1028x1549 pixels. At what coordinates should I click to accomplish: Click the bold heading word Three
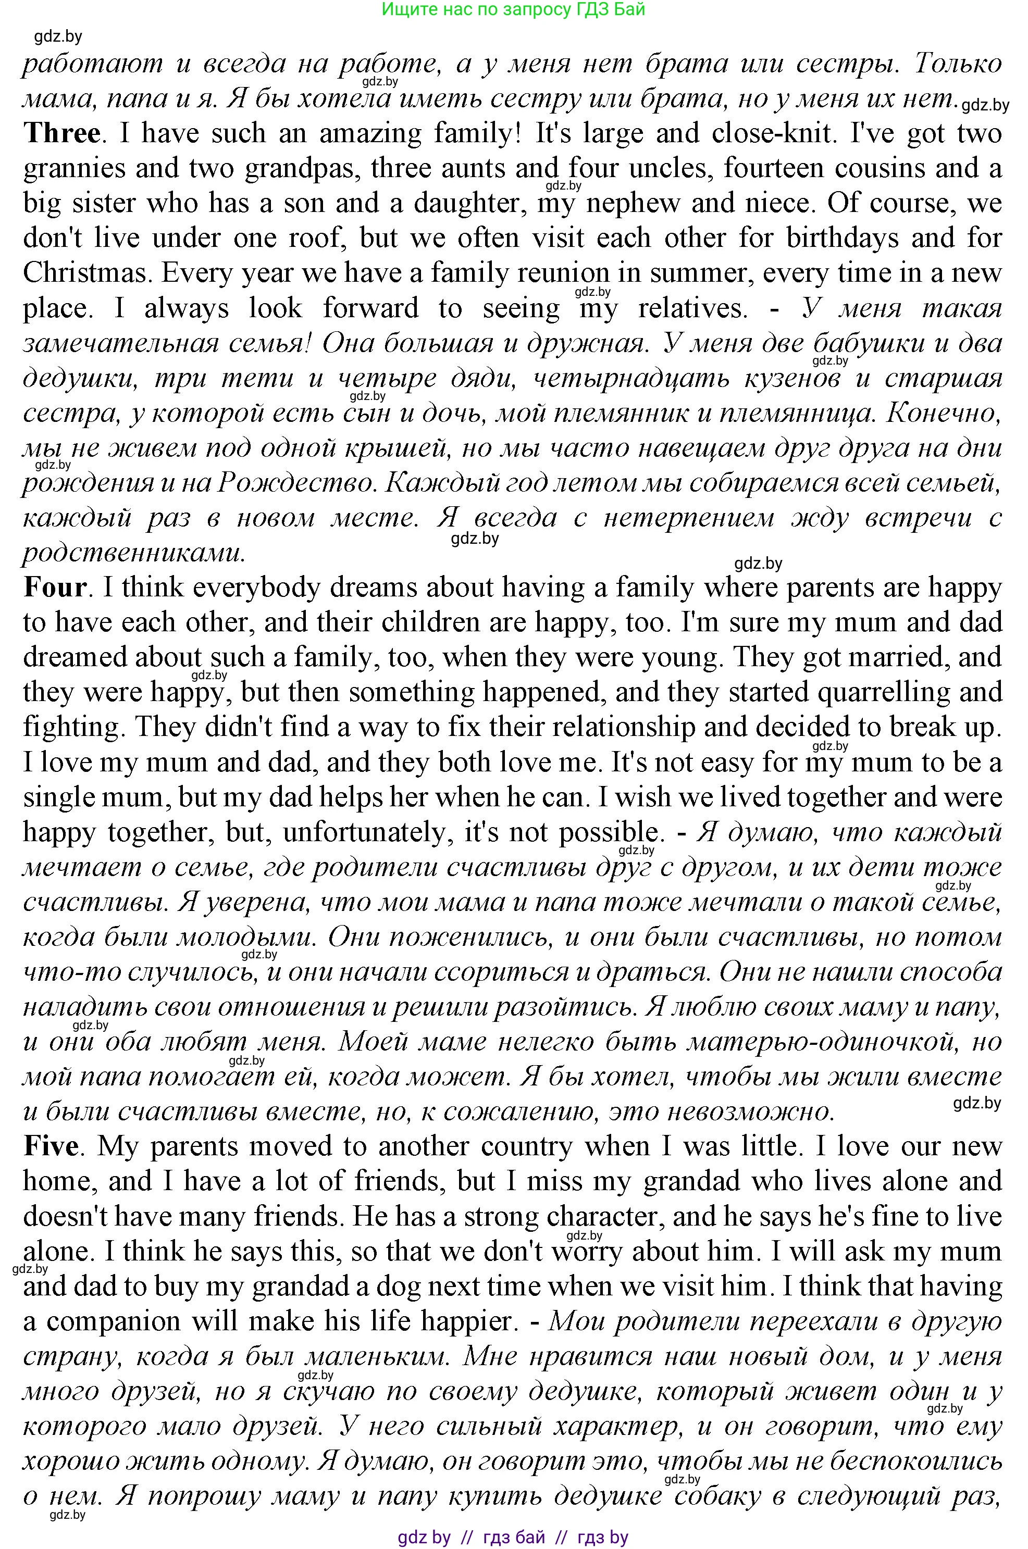(x=61, y=134)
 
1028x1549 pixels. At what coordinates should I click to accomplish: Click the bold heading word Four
(x=55, y=587)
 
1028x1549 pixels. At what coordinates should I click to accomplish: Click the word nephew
(x=633, y=203)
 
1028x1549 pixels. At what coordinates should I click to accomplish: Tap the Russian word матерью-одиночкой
(x=820, y=1042)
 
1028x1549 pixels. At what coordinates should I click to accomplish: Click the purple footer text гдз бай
(x=513, y=1536)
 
